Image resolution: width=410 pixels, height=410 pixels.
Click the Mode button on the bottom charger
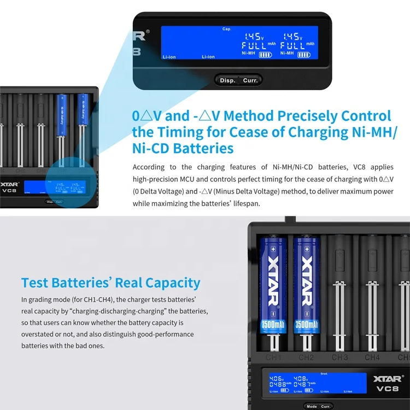coord(312,406)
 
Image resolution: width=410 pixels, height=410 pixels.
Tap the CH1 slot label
coord(274,358)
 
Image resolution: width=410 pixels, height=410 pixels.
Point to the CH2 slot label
coord(306,358)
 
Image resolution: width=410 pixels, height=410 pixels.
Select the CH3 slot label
coord(339,358)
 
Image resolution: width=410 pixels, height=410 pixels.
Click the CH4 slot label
coord(372,358)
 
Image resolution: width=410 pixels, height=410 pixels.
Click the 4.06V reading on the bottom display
coord(277,378)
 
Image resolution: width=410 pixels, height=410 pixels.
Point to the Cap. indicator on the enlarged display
coord(227,28)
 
